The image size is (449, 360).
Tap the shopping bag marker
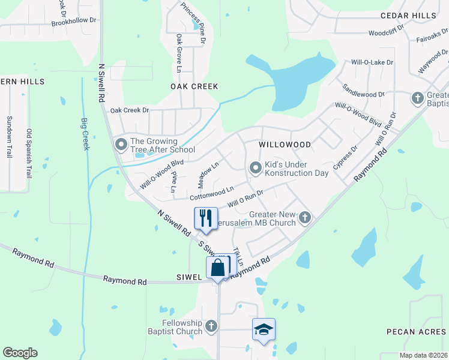pos(217,267)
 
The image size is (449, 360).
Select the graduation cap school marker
pos(264,329)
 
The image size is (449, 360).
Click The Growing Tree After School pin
pos(121,144)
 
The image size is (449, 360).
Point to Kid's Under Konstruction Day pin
pos(255,168)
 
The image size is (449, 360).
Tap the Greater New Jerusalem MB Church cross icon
pos(305,217)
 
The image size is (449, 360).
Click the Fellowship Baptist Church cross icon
pos(210,326)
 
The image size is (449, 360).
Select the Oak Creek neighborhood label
pos(194,86)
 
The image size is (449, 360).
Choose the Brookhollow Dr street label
pos(74,20)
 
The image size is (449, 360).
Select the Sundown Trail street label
pos(9,137)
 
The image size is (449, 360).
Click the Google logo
pos(20,353)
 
